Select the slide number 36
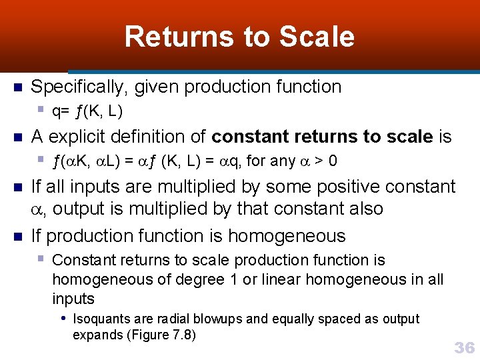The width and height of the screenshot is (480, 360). pos(464,347)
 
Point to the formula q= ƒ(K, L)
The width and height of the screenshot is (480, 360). pos(87,110)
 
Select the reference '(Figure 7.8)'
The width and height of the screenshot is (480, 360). pos(160,335)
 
